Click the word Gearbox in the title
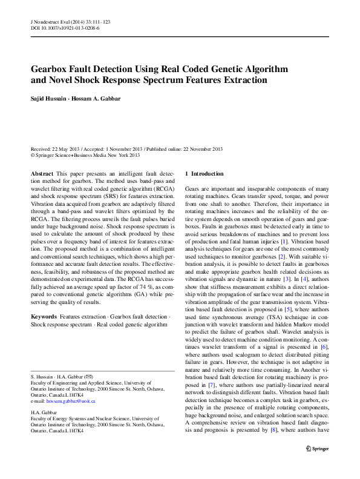point(52,68)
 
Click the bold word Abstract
point(42,173)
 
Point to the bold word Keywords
point(44,317)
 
